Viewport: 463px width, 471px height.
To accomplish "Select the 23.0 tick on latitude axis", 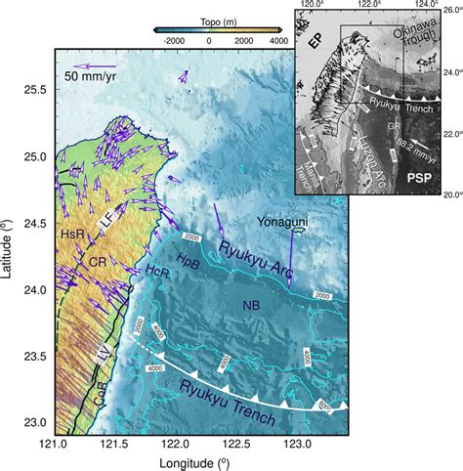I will point(34,422).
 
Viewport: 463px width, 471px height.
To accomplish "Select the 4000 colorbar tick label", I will point(277,42).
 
